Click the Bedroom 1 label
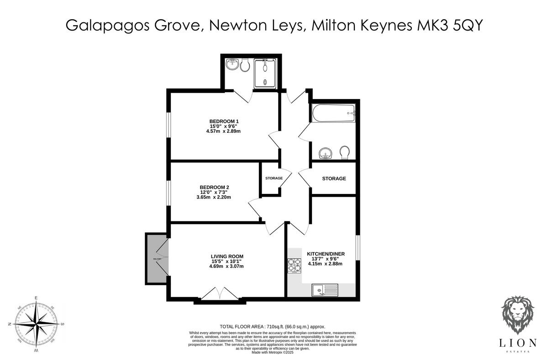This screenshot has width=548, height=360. [223, 121]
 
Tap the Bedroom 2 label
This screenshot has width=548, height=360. [214, 187]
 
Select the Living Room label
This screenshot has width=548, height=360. [227, 256]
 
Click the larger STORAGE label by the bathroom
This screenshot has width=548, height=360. [334, 178]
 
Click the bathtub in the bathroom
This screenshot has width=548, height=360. [333, 112]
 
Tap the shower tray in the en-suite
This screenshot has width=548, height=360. [265, 73]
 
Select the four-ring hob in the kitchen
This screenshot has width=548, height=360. [295, 266]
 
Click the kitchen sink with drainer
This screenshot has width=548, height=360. [325, 289]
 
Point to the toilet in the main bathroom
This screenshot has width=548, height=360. [344, 151]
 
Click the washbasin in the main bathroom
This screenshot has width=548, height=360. [325, 153]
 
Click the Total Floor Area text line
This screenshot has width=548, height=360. [273, 326]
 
